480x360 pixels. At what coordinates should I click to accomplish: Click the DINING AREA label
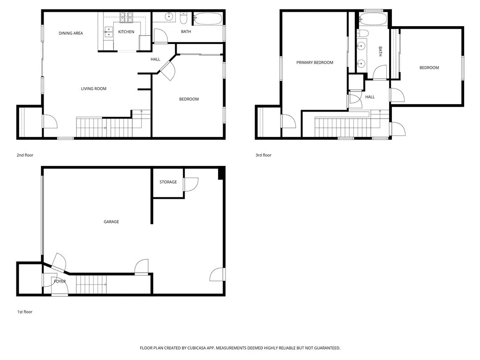coord(71,33)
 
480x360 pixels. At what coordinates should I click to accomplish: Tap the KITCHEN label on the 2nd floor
coord(126,32)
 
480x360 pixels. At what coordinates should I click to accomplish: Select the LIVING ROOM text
coord(94,89)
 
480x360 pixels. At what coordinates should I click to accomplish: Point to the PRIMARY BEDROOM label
coord(315,62)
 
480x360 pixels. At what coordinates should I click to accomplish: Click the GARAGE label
coord(111,222)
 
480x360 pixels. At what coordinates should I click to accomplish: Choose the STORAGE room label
coord(168,182)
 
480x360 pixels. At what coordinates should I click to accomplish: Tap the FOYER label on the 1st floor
coord(60,281)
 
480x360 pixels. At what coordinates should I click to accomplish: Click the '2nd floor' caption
coord(25,155)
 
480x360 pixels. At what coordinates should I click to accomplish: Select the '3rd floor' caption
coord(263,155)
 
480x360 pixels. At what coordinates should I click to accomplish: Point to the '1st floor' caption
coord(24,312)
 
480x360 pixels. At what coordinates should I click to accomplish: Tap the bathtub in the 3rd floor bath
coord(373,20)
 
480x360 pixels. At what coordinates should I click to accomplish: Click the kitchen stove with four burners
coord(127,18)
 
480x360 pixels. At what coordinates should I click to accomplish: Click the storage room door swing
coord(191,184)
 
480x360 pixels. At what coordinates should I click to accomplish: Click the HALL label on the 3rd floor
coord(370,97)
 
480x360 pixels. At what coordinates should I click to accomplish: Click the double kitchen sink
coord(109,32)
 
